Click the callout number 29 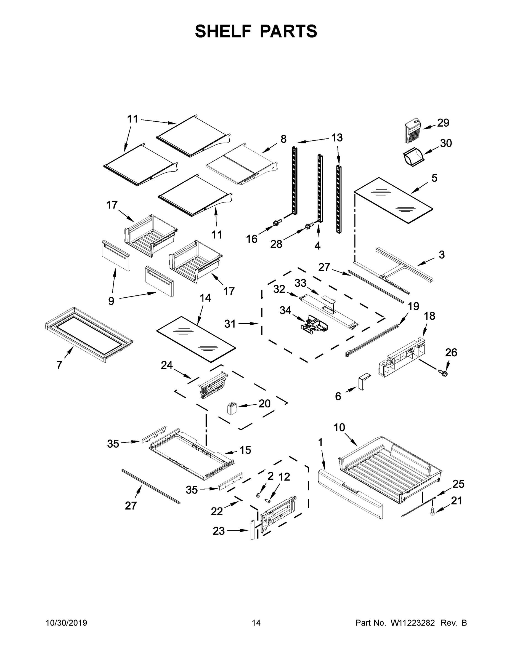click(x=443, y=123)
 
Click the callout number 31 click(x=230, y=324)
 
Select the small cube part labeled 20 click(x=232, y=408)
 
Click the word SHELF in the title click(x=223, y=31)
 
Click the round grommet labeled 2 click(x=258, y=495)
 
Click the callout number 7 click(x=59, y=365)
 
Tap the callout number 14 click(x=205, y=298)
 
